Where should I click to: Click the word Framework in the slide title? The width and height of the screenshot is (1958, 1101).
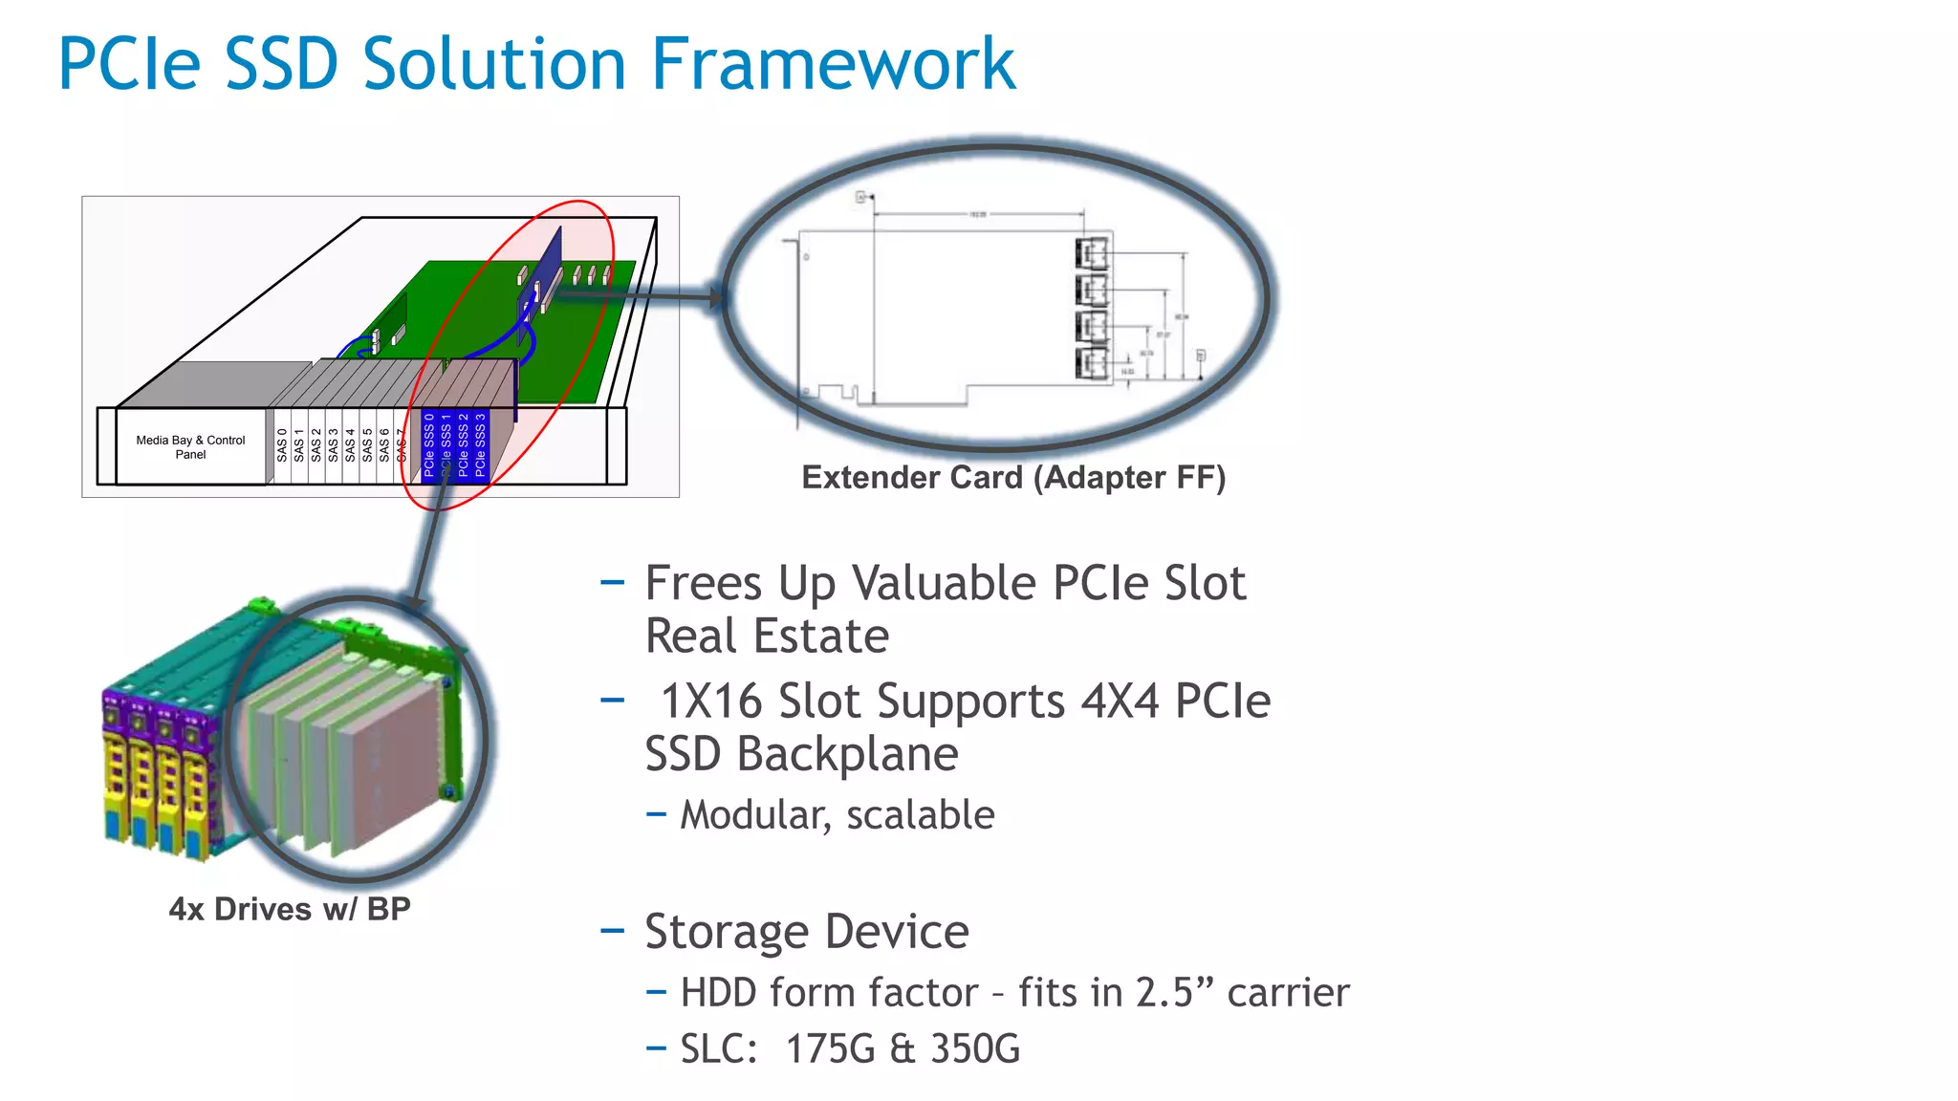(833, 64)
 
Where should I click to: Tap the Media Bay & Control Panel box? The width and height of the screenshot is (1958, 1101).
(190, 447)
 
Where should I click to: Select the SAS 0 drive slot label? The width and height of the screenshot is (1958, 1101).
(282, 445)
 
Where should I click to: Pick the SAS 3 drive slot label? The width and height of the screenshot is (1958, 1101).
(334, 445)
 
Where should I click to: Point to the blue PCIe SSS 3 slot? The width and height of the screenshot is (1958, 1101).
(480, 444)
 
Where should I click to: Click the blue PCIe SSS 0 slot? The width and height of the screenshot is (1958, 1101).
(429, 444)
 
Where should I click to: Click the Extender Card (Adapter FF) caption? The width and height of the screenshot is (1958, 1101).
(1013, 477)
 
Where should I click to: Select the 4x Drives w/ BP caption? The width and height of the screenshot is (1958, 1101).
(290, 909)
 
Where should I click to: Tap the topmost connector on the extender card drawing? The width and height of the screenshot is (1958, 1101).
(1092, 254)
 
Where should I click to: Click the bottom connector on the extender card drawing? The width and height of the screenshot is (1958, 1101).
(1092, 364)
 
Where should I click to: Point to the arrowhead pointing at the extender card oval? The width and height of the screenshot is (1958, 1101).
(716, 297)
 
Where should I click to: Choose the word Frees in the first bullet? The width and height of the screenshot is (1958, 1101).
(704, 583)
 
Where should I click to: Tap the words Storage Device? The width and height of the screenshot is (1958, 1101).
(807, 932)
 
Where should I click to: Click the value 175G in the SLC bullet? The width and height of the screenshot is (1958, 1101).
(831, 1049)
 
